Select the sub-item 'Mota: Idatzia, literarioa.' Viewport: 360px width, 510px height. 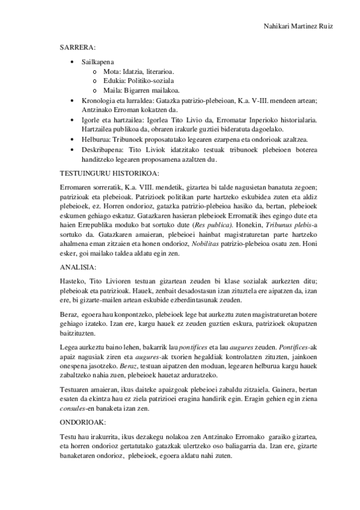point(130,71)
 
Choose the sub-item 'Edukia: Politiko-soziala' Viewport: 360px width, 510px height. point(130,81)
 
